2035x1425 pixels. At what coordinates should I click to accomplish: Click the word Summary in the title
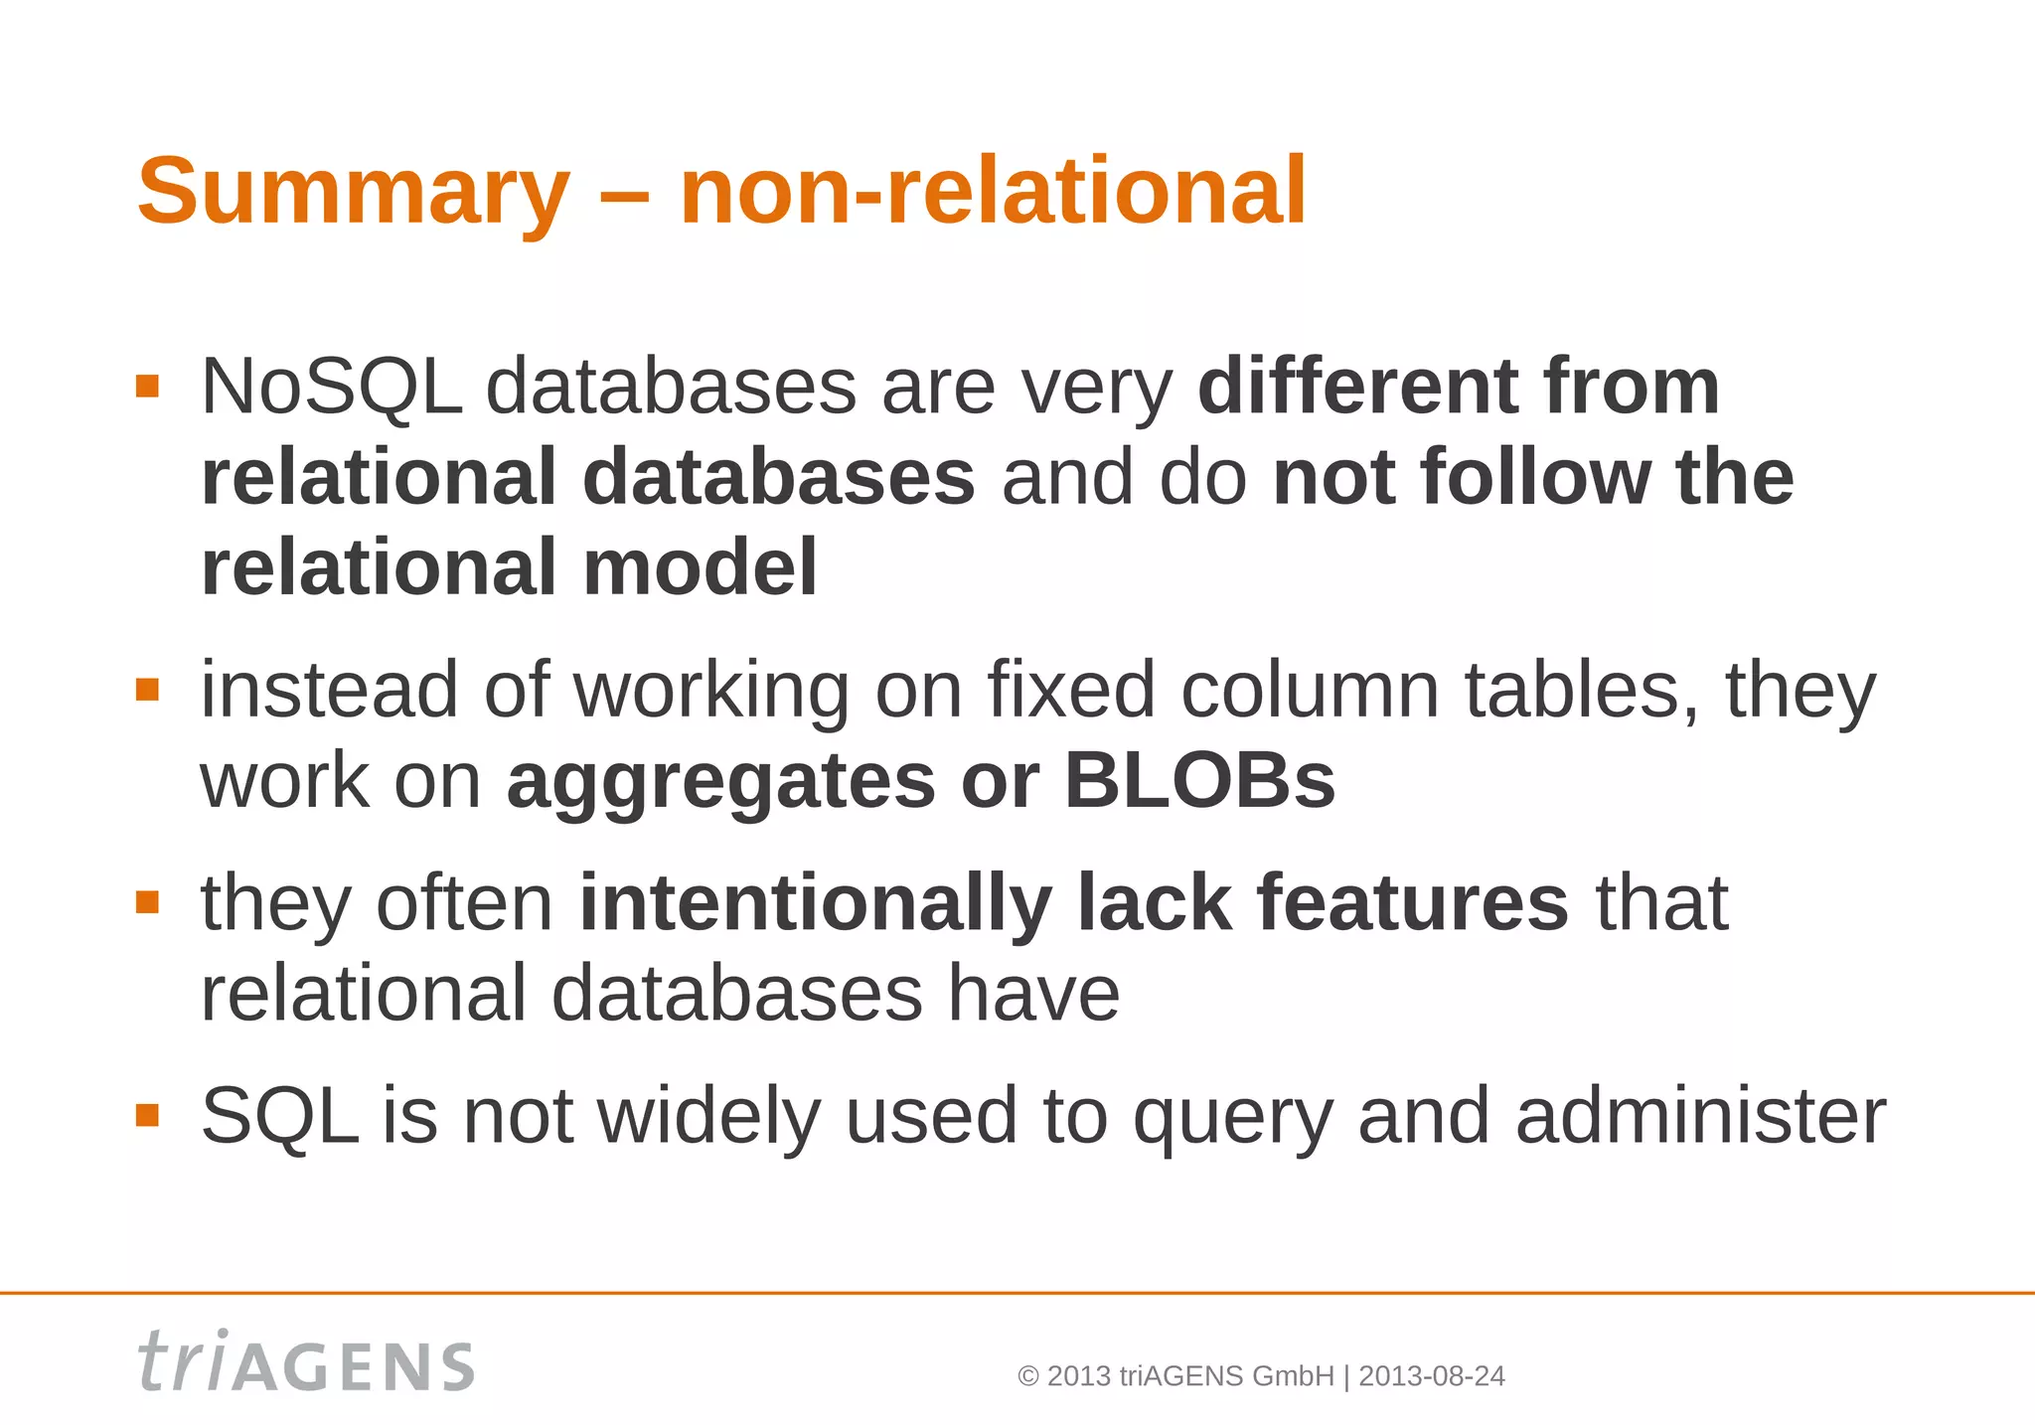pyautogui.click(x=353, y=192)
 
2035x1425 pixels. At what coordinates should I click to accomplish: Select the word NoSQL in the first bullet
pyautogui.click(x=332, y=387)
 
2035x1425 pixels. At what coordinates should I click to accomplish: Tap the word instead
pyautogui.click(x=330, y=689)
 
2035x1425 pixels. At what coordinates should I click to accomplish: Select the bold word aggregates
pyautogui.click(x=720, y=782)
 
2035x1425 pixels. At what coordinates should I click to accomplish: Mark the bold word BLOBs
pyautogui.click(x=1199, y=780)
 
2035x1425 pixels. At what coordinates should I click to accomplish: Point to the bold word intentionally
pyautogui.click(x=815, y=903)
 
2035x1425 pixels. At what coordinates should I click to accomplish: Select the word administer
pyautogui.click(x=1700, y=1116)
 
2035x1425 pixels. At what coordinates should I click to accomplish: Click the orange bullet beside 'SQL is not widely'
pyautogui.click(x=147, y=1115)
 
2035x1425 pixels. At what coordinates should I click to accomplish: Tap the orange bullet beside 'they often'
pyautogui.click(x=147, y=902)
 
